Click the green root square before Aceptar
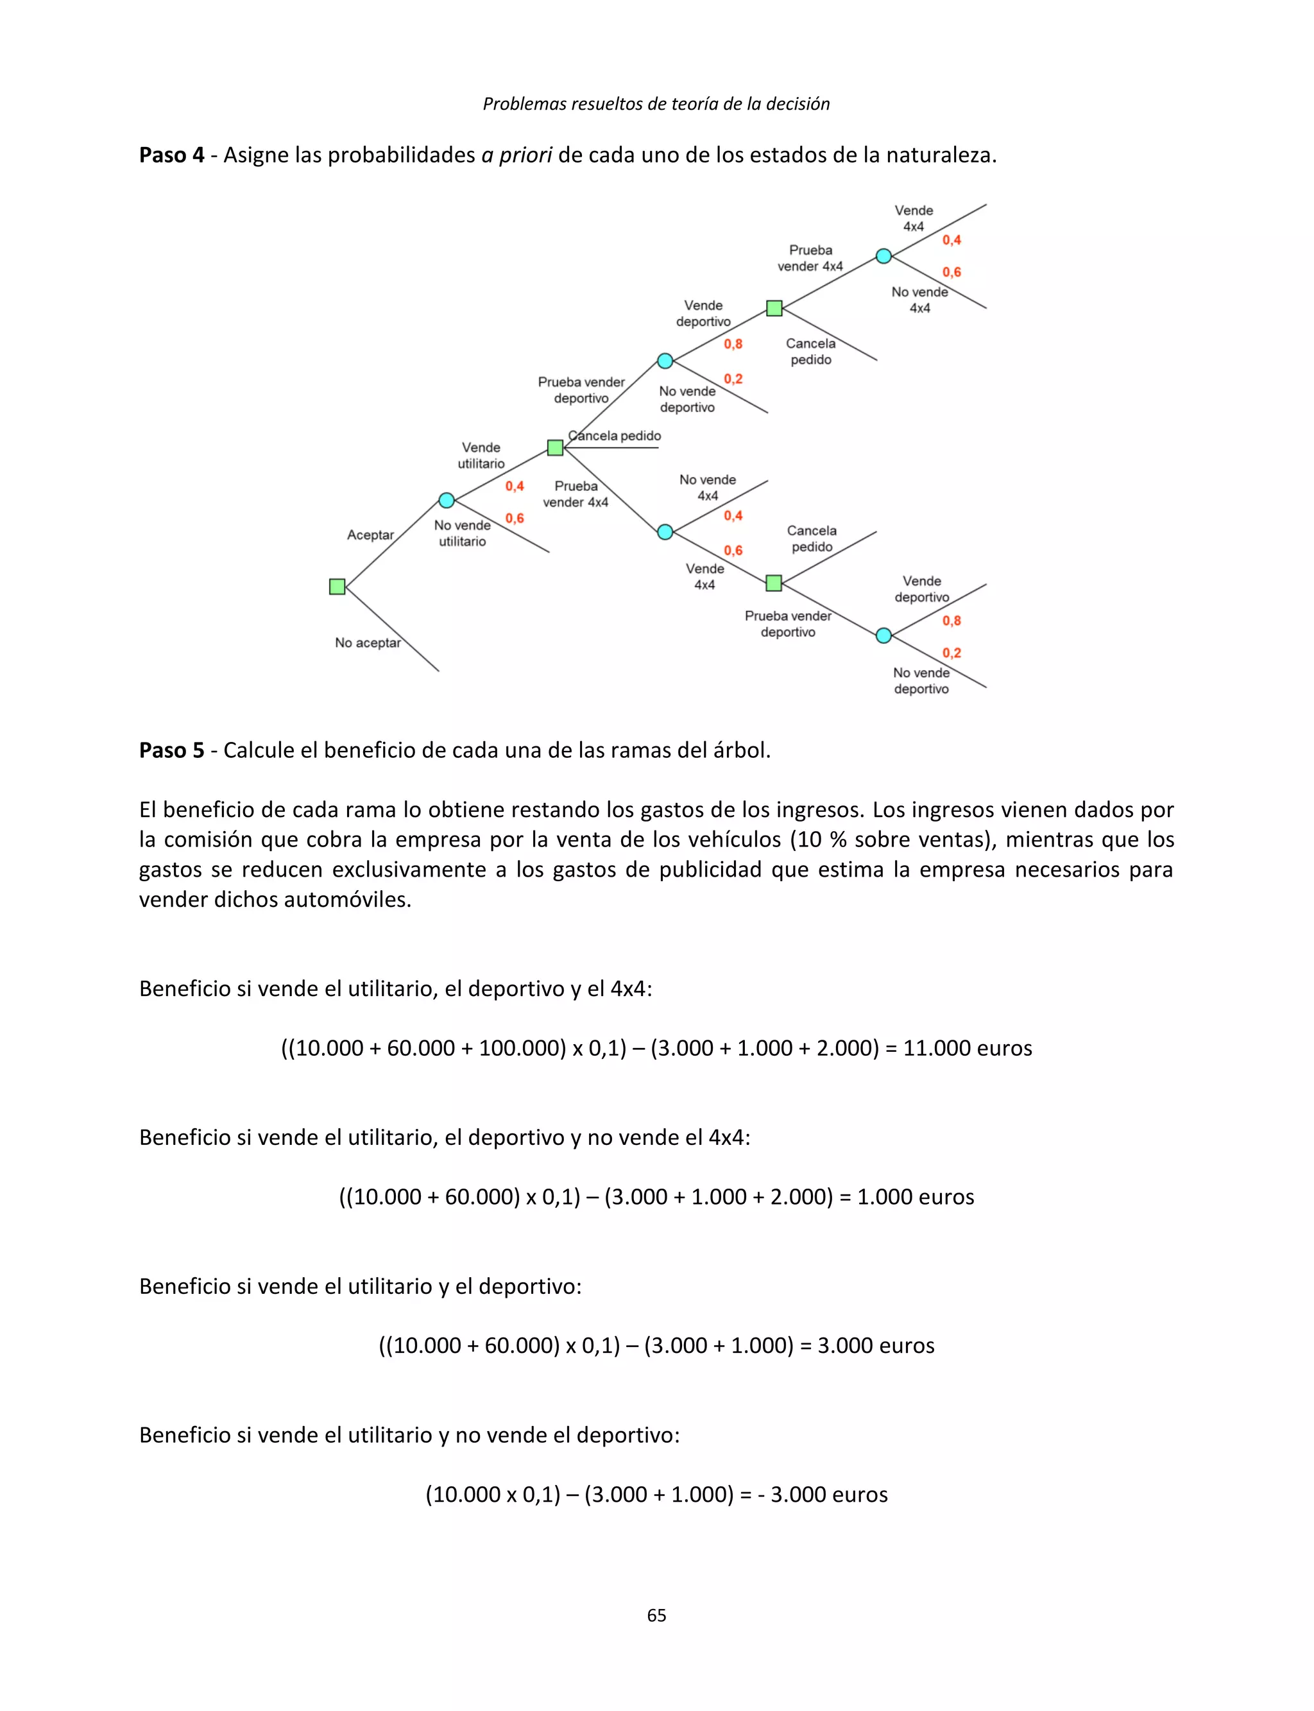click(x=337, y=587)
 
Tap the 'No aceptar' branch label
click(x=368, y=642)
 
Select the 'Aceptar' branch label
click(x=370, y=535)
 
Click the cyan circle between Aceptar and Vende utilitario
click(x=447, y=500)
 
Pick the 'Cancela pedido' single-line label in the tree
click(x=615, y=436)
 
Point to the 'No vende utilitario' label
click(x=462, y=533)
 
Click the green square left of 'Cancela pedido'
click(x=556, y=447)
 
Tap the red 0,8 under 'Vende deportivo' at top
click(x=733, y=343)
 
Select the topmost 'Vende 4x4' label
click(x=914, y=218)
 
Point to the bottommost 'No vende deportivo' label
click(x=921, y=681)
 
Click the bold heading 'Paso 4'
click(x=171, y=155)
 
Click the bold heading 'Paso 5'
click(x=171, y=750)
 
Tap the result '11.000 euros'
click(x=968, y=1047)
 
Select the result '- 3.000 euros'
click(x=822, y=1494)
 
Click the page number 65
click(x=656, y=1615)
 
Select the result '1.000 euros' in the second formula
click(x=915, y=1196)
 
